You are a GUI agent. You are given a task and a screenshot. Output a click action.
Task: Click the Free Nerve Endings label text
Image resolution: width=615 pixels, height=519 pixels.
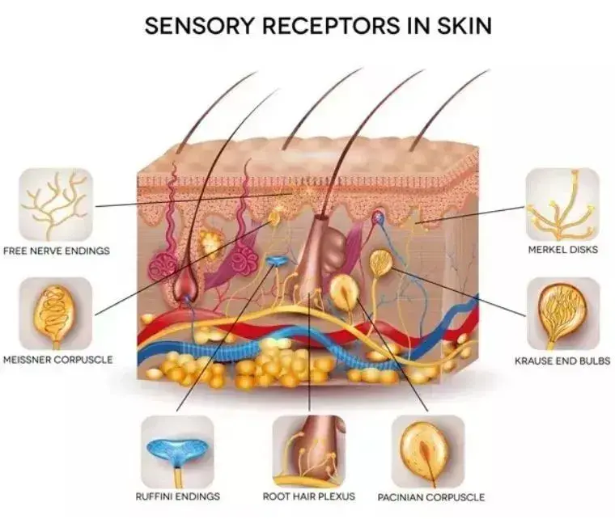pos(57,251)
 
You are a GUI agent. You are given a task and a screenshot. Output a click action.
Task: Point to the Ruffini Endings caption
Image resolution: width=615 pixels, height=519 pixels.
pos(177,496)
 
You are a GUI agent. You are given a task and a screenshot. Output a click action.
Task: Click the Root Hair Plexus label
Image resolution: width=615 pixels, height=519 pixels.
pos(309,496)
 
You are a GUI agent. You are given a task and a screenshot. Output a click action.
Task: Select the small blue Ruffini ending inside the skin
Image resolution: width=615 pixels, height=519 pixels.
pos(277,261)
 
